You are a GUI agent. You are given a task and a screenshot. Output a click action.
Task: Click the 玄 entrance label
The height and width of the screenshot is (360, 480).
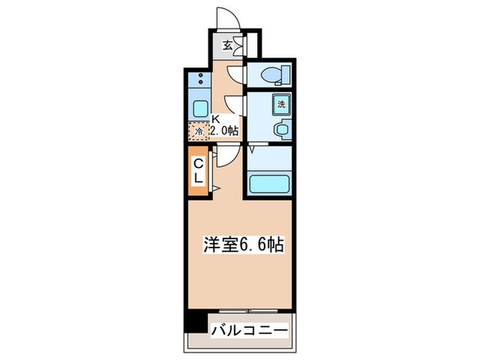tap(226, 47)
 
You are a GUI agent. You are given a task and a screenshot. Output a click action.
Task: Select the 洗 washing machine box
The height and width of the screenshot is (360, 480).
tap(281, 105)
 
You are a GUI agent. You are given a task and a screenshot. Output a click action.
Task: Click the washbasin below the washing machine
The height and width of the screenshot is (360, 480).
tap(281, 128)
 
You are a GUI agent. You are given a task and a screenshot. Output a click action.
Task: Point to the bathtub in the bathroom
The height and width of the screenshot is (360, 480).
tap(270, 183)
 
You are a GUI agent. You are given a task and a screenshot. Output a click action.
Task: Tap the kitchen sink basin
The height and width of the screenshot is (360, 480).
tap(200, 108)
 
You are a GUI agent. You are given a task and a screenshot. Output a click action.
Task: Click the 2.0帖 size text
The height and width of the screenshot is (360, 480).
tap(224, 130)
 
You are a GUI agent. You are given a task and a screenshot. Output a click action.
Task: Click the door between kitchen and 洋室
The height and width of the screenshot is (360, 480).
tap(222, 156)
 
